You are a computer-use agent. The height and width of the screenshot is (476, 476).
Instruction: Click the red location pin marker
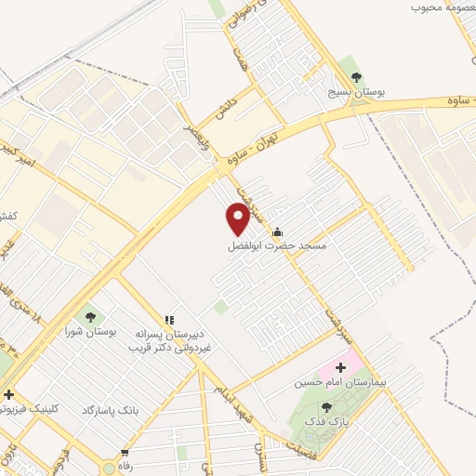pos(238,218)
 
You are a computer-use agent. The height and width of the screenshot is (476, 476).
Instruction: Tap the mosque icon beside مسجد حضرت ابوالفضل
pos(276,232)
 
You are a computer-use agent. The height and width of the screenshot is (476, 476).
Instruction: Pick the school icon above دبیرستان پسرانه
pos(169,320)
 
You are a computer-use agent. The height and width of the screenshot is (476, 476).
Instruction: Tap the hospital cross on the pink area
pos(341,367)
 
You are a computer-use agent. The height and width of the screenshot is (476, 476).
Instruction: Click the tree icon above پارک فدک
pos(325,407)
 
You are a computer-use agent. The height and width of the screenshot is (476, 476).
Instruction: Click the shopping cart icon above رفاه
pos(124,453)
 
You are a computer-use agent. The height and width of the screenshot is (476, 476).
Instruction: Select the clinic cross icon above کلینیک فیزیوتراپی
pos(9,393)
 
